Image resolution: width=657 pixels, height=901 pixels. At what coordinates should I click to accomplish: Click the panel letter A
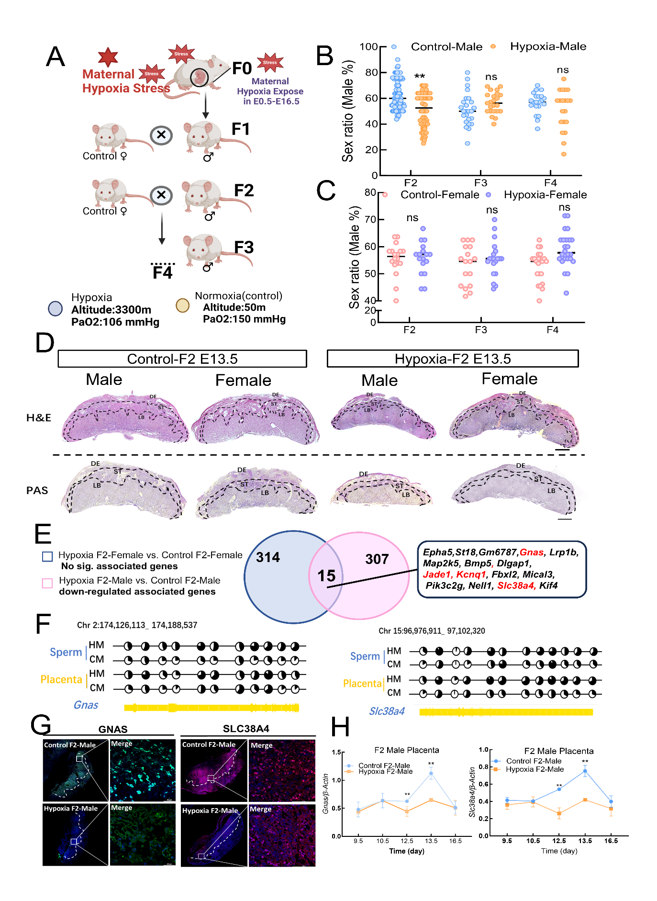coord(56,57)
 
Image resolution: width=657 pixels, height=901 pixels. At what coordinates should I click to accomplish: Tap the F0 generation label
coord(242,68)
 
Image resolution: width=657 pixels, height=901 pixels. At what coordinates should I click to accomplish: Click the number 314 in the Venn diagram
coord(267,557)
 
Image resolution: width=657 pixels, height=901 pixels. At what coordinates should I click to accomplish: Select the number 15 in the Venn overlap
coord(327,575)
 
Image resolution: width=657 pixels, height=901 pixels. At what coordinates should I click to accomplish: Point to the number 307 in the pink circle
coord(377,559)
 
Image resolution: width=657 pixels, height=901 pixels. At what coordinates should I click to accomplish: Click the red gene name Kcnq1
coord(471,574)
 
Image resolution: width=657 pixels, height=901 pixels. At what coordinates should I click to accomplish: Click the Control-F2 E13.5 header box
coord(182,359)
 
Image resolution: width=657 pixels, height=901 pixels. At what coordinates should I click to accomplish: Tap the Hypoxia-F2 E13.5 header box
coord(452,359)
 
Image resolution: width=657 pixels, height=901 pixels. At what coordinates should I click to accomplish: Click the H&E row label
coord(39,417)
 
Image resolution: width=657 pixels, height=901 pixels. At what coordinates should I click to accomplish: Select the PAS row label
coord(37,490)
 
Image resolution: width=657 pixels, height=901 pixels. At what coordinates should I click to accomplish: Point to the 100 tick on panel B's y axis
coord(368,46)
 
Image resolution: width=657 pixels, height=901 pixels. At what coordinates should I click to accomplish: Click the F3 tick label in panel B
coord(480,183)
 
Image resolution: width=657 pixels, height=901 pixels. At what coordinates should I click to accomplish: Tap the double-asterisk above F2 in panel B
coord(420,77)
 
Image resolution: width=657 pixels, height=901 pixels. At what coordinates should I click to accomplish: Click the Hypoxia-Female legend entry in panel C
coord(545,195)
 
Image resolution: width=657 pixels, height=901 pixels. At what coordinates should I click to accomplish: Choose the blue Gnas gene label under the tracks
coord(86,705)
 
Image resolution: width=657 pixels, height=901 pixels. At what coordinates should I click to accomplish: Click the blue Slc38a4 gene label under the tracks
coord(387,711)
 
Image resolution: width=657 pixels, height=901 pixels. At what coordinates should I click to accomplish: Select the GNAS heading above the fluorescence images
coord(113,729)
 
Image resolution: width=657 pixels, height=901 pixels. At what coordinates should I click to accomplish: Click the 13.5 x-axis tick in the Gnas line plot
coord(431,841)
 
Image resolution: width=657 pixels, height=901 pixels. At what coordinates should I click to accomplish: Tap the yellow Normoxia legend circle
coord(182,305)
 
